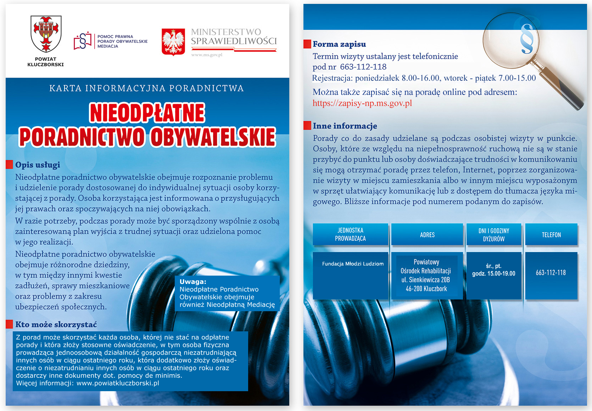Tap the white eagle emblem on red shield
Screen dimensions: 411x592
(x=173, y=42)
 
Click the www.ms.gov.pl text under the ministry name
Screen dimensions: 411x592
(x=207, y=55)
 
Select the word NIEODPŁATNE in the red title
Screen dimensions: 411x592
(x=147, y=113)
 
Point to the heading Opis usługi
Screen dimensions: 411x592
(x=37, y=165)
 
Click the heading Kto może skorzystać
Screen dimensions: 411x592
(x=56, y=324)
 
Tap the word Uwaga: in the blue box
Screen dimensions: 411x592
(x=193, y=282)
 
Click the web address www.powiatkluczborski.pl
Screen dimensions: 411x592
(x=118, y=383)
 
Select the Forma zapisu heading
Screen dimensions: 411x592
(x=339, y=44)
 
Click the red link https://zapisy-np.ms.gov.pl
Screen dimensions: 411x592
(x=362, y=103)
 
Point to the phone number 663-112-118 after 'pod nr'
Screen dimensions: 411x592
(x=363, y=67)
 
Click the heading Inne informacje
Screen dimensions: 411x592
(x=345, y=126)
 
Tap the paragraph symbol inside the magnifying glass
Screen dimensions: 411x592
(x=526, y=39)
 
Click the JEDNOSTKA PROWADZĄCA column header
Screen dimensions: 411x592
(x=350, y=234)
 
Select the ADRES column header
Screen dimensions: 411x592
(x=427, y=235)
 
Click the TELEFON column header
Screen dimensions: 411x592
(x=551, y=235)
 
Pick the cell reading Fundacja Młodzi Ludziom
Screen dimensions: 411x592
(x=353, y=264)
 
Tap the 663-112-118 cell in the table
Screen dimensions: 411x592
(x=551, y=273)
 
